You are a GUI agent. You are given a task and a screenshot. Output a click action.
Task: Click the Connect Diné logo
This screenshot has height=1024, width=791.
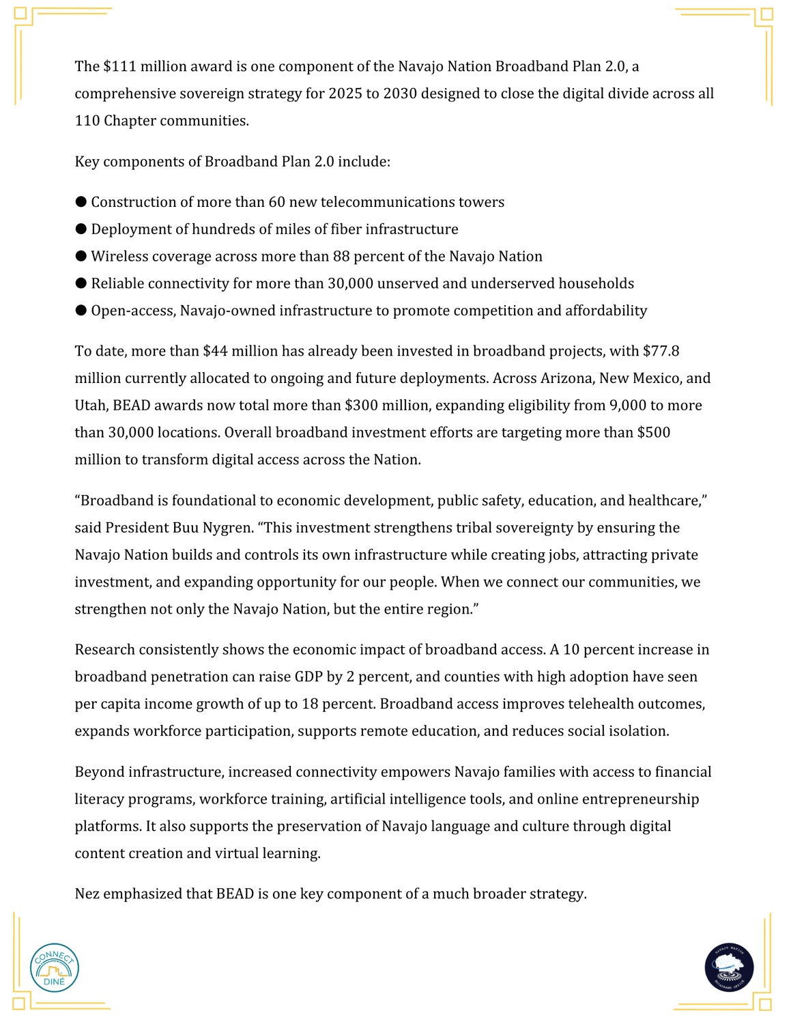[55, 967]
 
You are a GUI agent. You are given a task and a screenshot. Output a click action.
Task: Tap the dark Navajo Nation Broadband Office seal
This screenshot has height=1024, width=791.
[729, 967]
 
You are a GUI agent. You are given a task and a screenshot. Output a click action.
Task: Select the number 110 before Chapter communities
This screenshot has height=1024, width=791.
[87, 121]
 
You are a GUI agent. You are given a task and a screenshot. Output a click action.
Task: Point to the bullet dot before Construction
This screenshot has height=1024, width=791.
[81, 201]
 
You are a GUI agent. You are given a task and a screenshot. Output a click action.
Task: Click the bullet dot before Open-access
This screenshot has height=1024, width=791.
[81, 311]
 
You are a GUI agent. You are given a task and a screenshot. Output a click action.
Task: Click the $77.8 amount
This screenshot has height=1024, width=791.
[661, 351]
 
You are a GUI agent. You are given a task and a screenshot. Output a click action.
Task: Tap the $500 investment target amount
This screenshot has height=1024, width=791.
[653, 433]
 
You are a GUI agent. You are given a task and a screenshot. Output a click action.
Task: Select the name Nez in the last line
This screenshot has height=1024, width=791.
[87, 894]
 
